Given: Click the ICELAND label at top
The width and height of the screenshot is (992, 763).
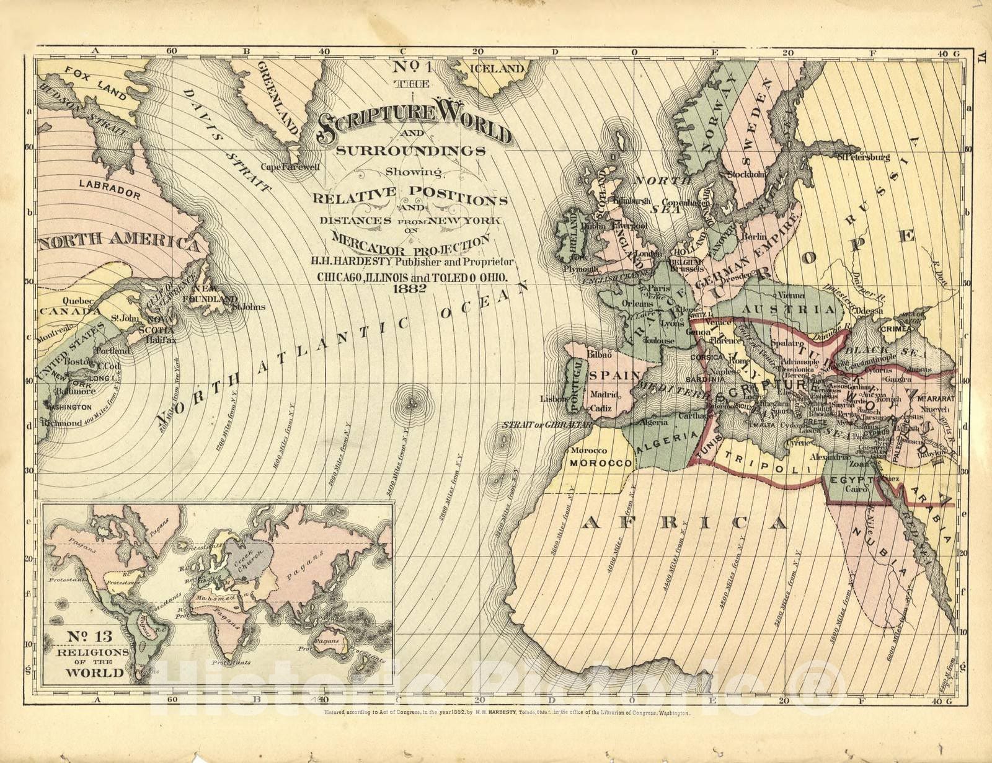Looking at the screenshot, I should [497, 69].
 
